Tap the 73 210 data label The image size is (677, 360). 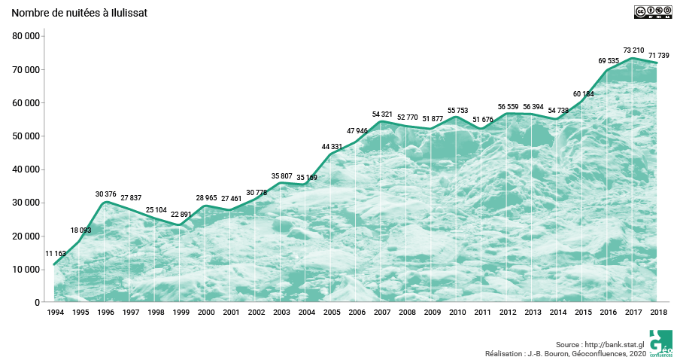pos(633,50)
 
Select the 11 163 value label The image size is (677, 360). pos(56,254)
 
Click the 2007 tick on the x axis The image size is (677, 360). pos(381,312)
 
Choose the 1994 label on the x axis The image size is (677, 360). pos(55,312)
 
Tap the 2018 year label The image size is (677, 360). pos(658,312)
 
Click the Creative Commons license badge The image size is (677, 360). pos(650,11)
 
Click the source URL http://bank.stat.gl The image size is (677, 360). pos(612,343)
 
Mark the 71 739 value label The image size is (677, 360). pos(658,56)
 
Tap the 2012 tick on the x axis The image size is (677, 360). pos(507,312)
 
